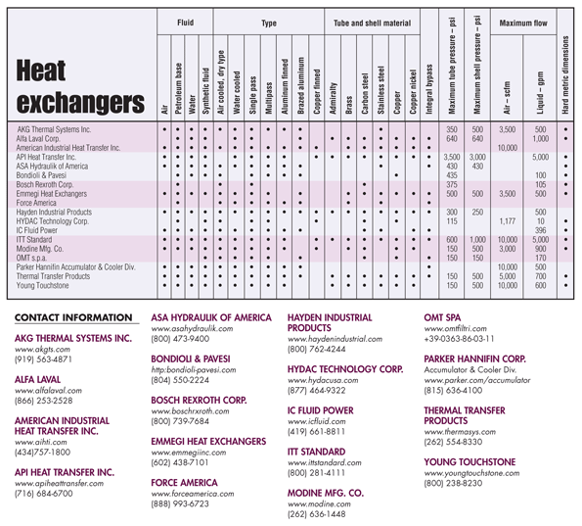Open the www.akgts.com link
(42, 349)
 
